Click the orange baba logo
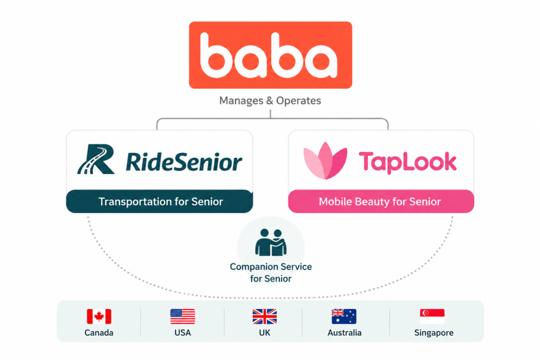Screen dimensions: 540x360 pyautogui.click(x=271, y=55)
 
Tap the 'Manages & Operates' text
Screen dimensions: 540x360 pyautogui.click(x=270, y=101)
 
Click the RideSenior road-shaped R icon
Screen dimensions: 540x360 pyautogui.click(x=97, y=159)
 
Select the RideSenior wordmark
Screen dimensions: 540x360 pyautogui.click(x=184, y=162)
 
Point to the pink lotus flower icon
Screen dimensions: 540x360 pyautogui.click(x=325, y=160)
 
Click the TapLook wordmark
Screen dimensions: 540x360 pyautogui.click(x=408, y=162)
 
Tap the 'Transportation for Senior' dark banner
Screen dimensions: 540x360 pyautogui.click(x=159, y=201)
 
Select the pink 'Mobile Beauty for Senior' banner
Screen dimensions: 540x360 pyautogui.click(x=381, y=201)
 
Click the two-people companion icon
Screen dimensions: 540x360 pyautogui.click(x=271, y=242)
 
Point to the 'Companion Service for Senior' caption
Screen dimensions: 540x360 pyautogui.click(x=271, y=273)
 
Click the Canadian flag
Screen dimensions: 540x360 pyautogui.click(x=99, y=316)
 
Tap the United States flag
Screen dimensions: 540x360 pyautogui.click(x=182, y=316)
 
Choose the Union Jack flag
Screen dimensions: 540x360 pyautogui.click(x=265, y=316)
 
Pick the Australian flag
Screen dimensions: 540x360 pyautogui.click(x=344, y=316)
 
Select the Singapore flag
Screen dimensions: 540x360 pyautogui.click(x=432, y=316)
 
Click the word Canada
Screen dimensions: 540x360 pyautogui.click(x=99, y=333)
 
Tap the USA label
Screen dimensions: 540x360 pyautogui.click(x=182, y=333)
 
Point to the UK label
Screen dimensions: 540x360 pyautogui.click(x=265, y=333)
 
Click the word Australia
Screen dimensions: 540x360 pyautogui.click(x=344, y=333)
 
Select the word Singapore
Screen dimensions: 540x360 pyautogui.click(x=433, y=333)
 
